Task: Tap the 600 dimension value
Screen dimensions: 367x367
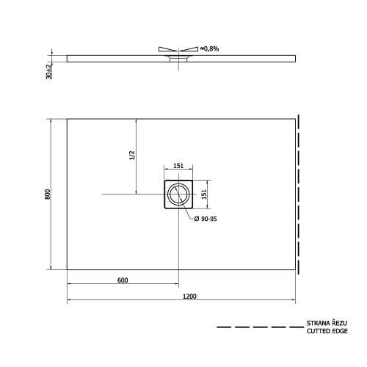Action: (x=123, y=280)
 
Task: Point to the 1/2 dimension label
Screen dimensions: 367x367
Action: (x=132, y=156)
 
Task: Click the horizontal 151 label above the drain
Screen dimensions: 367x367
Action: (x=178, y=167)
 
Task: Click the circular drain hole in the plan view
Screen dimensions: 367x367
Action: (x=178, y=195)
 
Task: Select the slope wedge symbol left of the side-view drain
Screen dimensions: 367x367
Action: (x=166, y=49)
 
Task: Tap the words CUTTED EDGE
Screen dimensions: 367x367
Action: (x=327, y=332)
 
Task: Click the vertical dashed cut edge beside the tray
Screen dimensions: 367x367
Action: (x=298, y=194)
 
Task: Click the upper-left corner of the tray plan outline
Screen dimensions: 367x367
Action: (x=68, y=119)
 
